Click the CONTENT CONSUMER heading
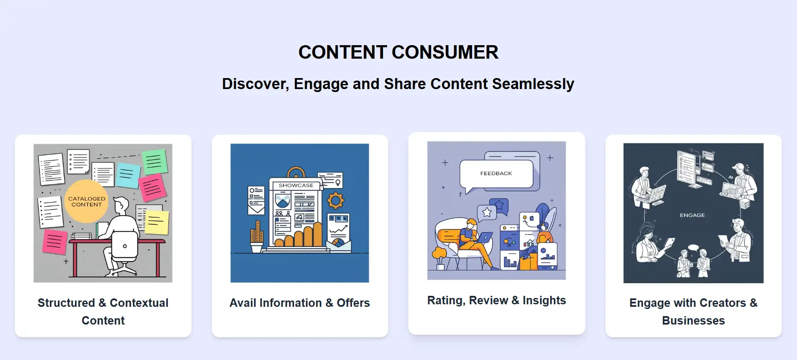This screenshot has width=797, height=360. (x=398, y=52)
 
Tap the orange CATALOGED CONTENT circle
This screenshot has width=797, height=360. (x=86, y=202)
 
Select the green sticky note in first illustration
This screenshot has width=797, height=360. (x=155, y=162)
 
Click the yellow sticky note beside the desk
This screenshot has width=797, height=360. (x=157, y=222)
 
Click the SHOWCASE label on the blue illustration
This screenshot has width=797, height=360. (x=296, y=185)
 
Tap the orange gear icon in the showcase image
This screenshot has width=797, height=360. (x=336, y=200)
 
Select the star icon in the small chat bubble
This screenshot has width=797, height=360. (x=487, y=212)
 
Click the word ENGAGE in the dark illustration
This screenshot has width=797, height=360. (x=692, y=215)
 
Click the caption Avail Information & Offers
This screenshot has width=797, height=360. (x=300, y=303)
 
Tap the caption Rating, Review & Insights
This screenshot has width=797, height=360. (x=497, y=300)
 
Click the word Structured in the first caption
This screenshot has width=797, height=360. (x=66, y=303)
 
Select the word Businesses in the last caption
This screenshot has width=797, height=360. (x=693, y=321)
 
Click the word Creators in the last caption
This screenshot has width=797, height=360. (x=723, y=303)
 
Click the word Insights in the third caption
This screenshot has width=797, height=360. (x=544, y=300)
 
